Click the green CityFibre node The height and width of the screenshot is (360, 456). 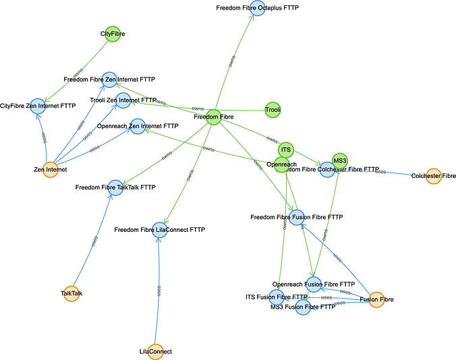112,33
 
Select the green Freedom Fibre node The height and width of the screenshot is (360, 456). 214,117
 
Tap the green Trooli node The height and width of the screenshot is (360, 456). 273,109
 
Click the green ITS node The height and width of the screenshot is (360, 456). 286,149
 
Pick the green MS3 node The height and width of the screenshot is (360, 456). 340,160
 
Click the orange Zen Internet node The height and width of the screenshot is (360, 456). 49,169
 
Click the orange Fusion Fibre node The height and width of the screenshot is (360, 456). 376,299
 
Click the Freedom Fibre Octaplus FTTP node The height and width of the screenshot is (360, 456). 257,8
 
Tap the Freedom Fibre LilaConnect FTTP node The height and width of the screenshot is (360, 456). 159,230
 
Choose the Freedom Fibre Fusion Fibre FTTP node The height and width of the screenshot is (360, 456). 297,217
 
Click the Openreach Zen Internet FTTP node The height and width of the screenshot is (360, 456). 138,126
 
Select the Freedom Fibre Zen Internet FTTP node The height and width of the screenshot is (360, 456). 109,80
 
